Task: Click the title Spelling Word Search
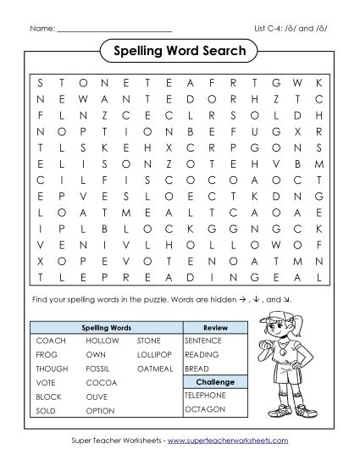[180, 52]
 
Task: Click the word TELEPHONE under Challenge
[205, 396]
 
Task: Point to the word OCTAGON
[204, 410]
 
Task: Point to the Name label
[42, 30]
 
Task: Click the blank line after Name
[114, 31]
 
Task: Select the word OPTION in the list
[100, 410]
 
